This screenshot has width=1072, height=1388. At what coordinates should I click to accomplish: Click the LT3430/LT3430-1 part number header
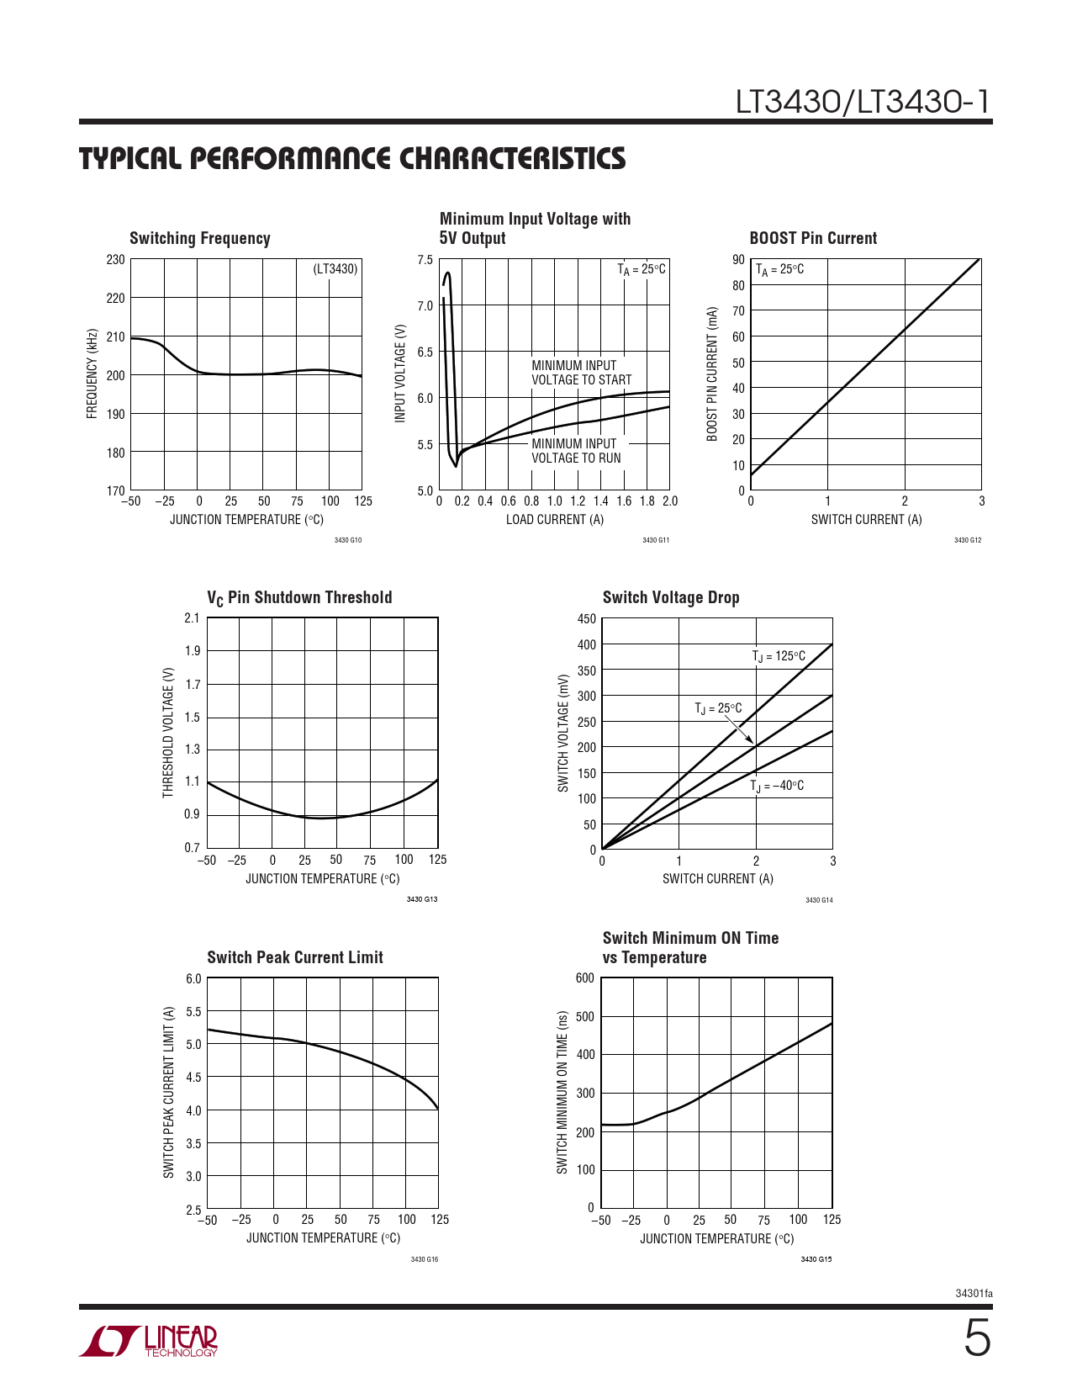[863, 102]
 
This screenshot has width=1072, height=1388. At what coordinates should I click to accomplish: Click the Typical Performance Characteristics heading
[352, 159]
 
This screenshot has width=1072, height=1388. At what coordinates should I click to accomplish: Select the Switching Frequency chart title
[200, 238]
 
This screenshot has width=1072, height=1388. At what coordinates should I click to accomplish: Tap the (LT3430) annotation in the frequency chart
[335, 269]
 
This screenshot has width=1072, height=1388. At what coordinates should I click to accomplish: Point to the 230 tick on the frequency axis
[115, 260]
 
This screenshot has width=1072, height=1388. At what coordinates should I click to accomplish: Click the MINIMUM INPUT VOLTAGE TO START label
[581, 373]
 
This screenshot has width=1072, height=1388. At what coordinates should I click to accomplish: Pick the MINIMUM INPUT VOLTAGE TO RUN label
[576, 451]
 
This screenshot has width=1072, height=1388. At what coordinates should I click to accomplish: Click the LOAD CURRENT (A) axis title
[555, 520]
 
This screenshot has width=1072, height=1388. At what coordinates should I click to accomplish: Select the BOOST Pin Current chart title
[813, 238]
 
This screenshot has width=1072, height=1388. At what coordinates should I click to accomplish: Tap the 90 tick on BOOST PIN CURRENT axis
[738, 260]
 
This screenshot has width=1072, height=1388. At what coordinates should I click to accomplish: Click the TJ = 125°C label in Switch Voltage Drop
[779, 656]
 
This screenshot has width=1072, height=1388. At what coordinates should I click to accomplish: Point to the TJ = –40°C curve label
[777, 786]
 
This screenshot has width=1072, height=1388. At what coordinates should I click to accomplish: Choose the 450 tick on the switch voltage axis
[586, 619]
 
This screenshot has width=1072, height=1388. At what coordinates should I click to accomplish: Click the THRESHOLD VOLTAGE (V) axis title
[168, 733]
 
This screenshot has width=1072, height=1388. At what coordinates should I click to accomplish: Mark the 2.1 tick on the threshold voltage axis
[192, 618]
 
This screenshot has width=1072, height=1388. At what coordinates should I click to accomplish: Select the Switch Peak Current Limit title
[295, 957]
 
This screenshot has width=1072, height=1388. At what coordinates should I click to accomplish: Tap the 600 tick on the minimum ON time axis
[584, 978]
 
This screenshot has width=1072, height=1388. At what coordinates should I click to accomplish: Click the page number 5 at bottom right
[976, 1339]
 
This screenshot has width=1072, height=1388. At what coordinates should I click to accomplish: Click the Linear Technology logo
[149, 1341]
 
